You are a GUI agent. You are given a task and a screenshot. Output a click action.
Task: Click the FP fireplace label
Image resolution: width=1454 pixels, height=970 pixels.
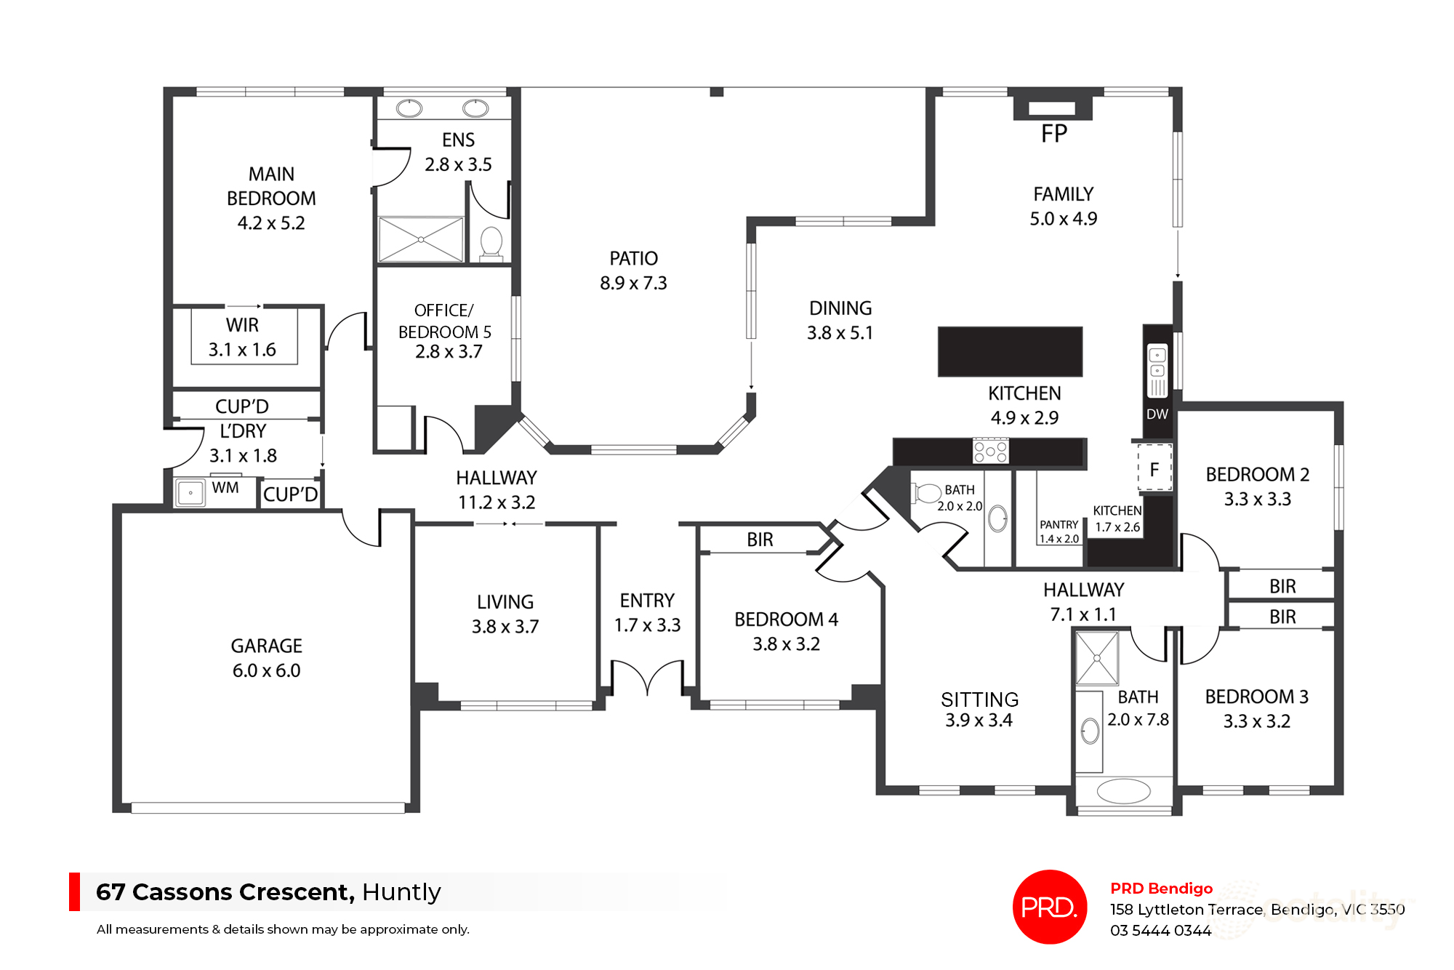point(1054,134)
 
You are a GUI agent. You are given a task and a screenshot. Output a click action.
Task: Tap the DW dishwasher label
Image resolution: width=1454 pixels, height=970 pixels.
point(1157,414)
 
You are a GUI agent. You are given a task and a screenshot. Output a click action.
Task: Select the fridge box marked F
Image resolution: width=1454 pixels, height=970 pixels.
point(1154,470)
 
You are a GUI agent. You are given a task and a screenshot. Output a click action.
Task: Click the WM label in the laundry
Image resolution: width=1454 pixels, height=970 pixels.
point(225,488)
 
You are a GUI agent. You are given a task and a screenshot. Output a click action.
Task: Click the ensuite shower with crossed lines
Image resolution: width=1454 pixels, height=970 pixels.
point(421,239)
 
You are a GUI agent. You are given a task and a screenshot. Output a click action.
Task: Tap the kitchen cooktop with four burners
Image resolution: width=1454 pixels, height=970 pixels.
point(991,451)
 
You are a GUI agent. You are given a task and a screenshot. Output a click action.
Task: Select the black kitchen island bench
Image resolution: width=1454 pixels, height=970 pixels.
point(1010,351)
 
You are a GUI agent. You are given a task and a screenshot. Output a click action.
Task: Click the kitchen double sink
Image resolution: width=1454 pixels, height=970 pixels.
point(1157,370)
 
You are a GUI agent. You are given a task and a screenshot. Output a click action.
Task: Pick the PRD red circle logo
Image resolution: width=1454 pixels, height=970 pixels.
point(1049,907)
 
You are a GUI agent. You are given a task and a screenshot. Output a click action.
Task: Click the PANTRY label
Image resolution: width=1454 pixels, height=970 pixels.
point(1059,525)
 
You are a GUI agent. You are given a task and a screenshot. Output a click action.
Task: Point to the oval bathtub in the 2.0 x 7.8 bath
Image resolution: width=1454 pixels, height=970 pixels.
point(1124,791)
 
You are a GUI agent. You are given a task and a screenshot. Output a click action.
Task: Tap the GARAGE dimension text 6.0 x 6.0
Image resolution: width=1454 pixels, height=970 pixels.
point(266,670)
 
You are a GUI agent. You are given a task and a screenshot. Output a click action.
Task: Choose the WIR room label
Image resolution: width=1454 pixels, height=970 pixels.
point(242,325)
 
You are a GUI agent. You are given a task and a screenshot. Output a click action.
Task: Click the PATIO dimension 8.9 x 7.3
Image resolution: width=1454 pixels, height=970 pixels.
point(633,283)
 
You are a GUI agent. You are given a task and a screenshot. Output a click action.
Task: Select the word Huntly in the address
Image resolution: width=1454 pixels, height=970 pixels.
point(401,891)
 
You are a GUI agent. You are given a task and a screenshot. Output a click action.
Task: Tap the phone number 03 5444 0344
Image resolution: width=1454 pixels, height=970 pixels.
point(1160,931)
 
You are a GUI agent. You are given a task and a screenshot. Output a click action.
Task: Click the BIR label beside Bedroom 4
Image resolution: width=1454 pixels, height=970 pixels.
point(760,540)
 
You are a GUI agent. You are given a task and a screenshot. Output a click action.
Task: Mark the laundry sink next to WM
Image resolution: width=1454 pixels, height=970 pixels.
point(190,492)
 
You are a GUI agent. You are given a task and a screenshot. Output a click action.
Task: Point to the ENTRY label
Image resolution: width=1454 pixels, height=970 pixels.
point(647,601)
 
